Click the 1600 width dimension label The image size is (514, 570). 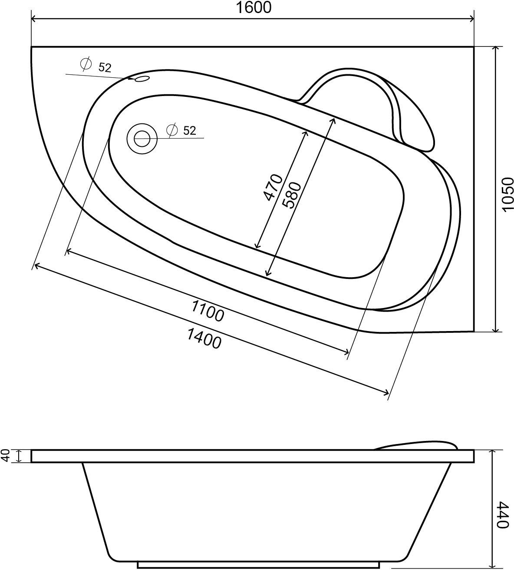(x=254, y=8)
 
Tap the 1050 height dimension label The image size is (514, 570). (x=507, y=195)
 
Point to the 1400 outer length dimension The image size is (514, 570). (x=204, y=338)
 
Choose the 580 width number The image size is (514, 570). (x=292, y=195)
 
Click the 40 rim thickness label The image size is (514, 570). (x=6, y=456)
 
